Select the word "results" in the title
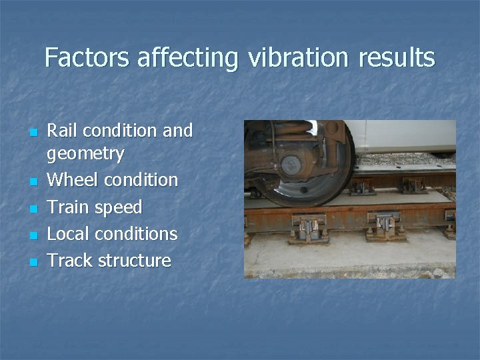click(397, 58)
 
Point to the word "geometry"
click(85, 155)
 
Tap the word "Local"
click(71, 233)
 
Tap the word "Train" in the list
click(71, 207)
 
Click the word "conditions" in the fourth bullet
click(139, 233)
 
